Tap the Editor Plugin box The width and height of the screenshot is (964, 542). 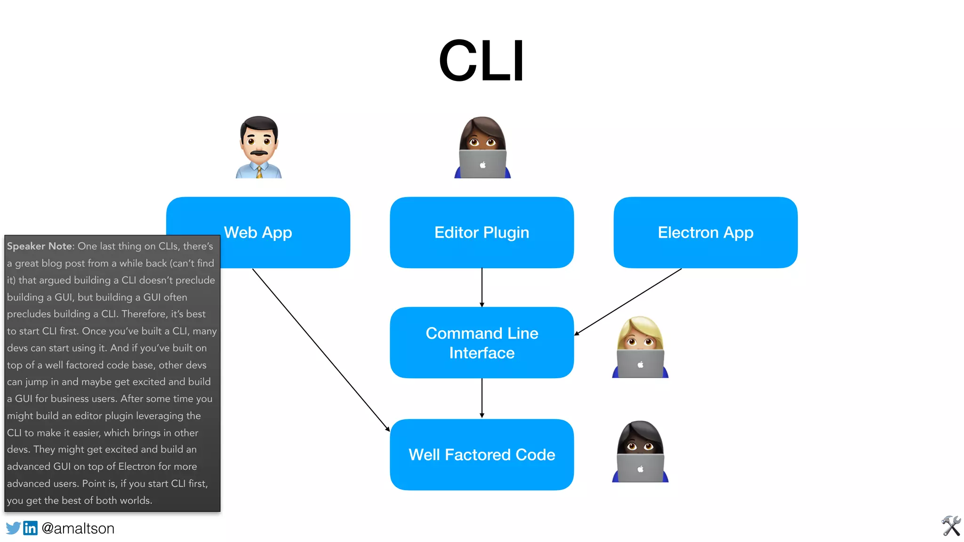(482, 232)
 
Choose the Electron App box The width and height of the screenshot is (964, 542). (705, 232)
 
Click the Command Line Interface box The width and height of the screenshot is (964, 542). (482, 343)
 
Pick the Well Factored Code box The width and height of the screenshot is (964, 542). (482, 454)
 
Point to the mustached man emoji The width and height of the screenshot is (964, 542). (258, 147)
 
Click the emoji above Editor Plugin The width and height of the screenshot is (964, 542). (482, 147)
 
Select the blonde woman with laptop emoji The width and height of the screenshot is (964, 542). (640, 347)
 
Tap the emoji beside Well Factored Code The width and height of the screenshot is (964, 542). (640, 451)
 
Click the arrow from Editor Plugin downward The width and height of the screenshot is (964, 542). (482, 287)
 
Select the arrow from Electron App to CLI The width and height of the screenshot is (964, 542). (628, 302)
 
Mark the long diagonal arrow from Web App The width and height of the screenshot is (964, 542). (320, 349)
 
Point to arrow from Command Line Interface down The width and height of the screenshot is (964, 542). (482, 398)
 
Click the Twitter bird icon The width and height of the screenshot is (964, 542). (13, 528)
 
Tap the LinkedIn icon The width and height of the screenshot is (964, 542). (30, 528)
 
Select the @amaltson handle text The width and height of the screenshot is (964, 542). (78, 528)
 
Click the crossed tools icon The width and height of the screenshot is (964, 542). (951, 526)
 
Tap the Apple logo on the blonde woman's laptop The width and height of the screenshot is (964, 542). (640, 365)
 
